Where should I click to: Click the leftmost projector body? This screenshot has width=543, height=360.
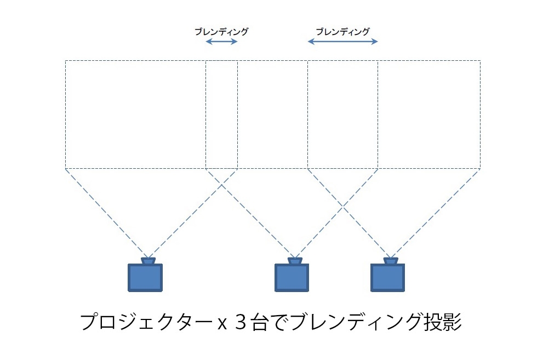coord(145,278)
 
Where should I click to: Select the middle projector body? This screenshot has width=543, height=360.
coord(291,278)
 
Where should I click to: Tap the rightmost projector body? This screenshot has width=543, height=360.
coord(387,278)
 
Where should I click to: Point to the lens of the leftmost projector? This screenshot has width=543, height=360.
coord(148,261)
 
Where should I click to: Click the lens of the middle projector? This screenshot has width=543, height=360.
coord(295,261)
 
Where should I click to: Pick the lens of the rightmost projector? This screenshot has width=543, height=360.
coord(391,261)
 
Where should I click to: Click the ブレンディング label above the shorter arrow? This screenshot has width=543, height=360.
coord(221,32)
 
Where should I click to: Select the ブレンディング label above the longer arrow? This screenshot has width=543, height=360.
coord(343,32)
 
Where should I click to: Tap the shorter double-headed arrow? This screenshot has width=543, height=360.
coord(221,42)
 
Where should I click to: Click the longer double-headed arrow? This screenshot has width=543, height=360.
coord(343,42)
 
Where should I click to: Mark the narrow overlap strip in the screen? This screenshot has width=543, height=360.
coord(221,115)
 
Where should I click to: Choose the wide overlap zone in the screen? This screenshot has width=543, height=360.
coord(343,115)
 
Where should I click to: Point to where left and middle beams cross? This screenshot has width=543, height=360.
coord(221,185)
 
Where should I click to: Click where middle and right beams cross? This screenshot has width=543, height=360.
coord(343,207)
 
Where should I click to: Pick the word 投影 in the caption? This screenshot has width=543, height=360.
coord(443,322)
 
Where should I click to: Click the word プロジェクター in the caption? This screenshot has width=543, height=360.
coord(145,322)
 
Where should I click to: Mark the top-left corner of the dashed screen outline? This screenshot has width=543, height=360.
coord(65,61)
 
